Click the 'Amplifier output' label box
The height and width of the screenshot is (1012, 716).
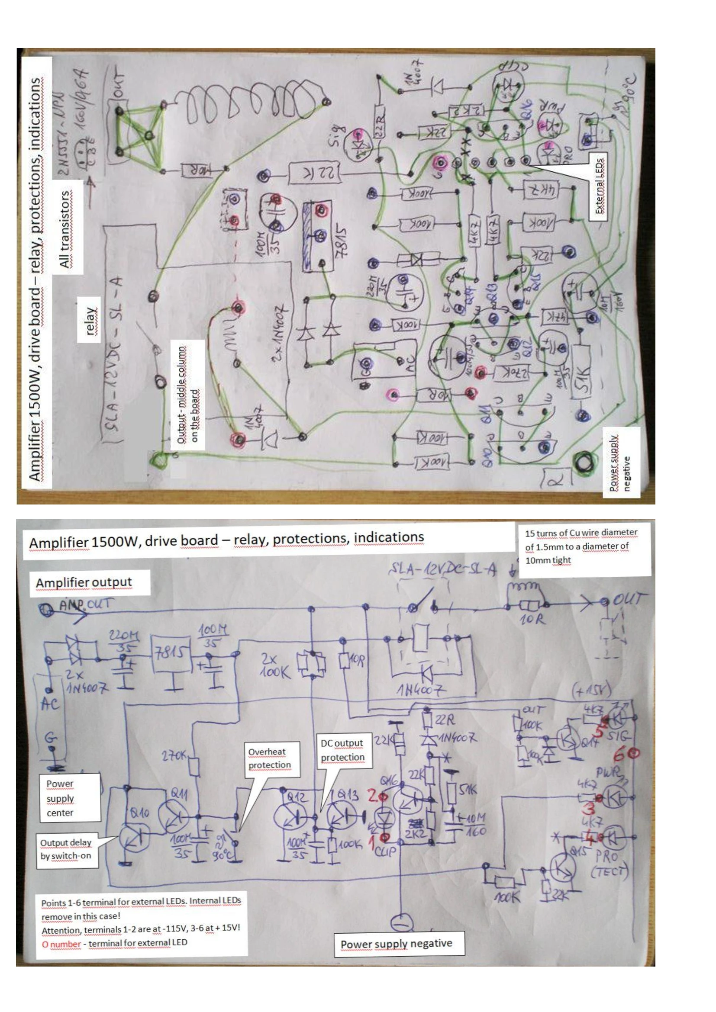(84, 582)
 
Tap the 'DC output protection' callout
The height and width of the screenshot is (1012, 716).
(342, 750)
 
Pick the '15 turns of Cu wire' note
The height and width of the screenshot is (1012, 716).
(581, 546)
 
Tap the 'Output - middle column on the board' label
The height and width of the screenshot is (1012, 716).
(188, 395)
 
